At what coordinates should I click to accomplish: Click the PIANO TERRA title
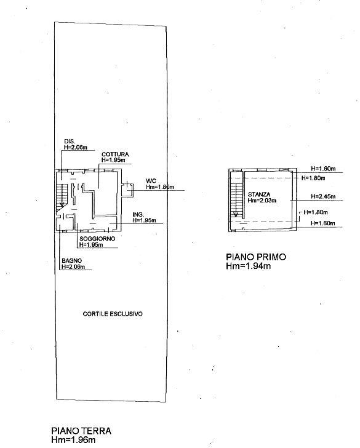81,431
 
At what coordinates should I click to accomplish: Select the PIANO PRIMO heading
256,257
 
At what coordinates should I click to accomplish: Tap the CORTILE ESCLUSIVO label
113,314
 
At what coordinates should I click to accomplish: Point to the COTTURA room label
115,154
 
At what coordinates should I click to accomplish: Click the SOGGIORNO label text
97,239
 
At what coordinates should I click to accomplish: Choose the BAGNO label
72,260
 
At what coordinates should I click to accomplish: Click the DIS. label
70,141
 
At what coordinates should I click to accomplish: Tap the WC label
151,181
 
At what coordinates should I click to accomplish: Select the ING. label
138,214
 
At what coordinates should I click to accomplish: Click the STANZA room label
259,194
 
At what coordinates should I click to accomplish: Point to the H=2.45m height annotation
323,196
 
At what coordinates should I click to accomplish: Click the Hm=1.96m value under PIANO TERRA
73,439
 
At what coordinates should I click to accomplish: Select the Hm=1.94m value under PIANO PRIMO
248,266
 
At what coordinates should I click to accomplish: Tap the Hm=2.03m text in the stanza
262,200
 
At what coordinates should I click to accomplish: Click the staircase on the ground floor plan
62,196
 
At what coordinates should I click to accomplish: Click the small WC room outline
127,189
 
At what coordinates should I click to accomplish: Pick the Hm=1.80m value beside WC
160,187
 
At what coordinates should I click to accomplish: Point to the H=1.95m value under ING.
144,220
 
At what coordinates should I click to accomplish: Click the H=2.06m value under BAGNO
73,267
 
